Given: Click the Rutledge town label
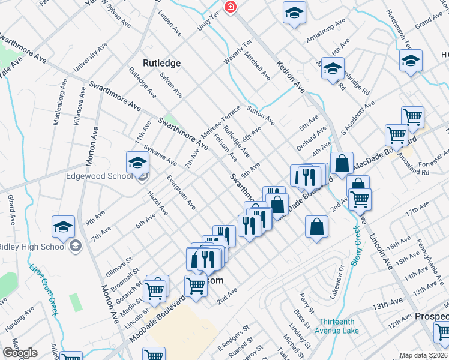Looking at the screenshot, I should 161,62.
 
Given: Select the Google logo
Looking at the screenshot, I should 20,353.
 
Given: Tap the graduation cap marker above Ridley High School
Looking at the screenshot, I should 63,227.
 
